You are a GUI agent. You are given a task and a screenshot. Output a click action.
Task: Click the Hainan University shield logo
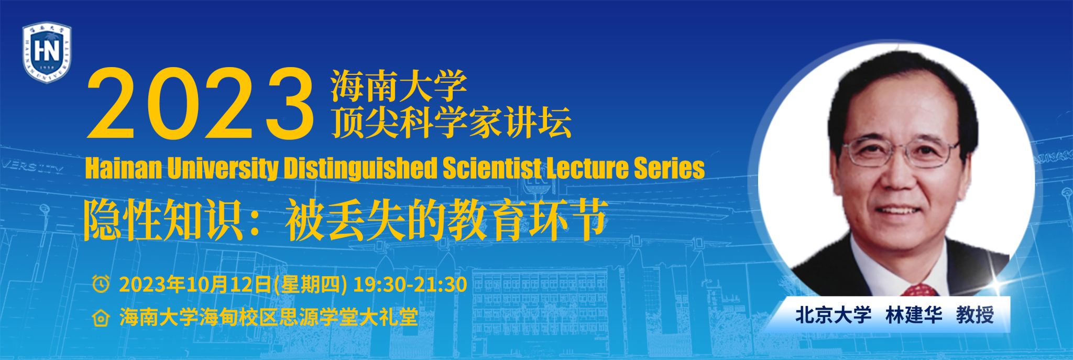(47, 53)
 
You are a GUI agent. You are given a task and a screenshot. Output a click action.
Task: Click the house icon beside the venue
(101, 318)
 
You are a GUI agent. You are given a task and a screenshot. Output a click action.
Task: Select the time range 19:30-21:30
(410, 284)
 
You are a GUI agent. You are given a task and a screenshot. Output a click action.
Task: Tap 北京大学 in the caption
(834, 315)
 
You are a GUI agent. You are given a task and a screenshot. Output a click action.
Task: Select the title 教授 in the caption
(975, 315)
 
